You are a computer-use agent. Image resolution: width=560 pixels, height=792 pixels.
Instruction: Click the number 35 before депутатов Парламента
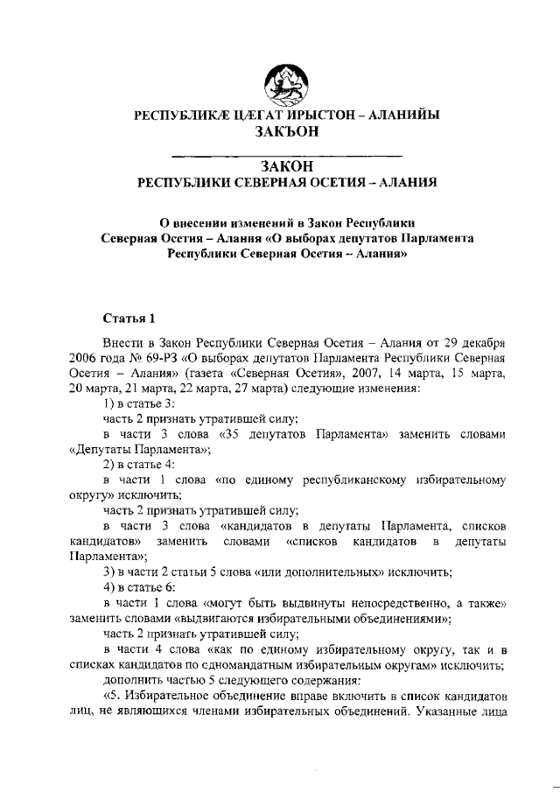(x=232, y=434)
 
